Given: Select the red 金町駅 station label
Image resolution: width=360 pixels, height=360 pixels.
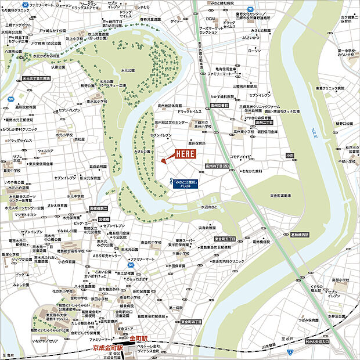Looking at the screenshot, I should coord(139,338).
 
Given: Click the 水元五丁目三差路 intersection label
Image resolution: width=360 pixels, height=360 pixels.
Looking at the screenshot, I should coord(37,77).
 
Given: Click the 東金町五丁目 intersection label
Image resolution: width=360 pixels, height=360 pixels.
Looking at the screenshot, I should coord(225,239).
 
